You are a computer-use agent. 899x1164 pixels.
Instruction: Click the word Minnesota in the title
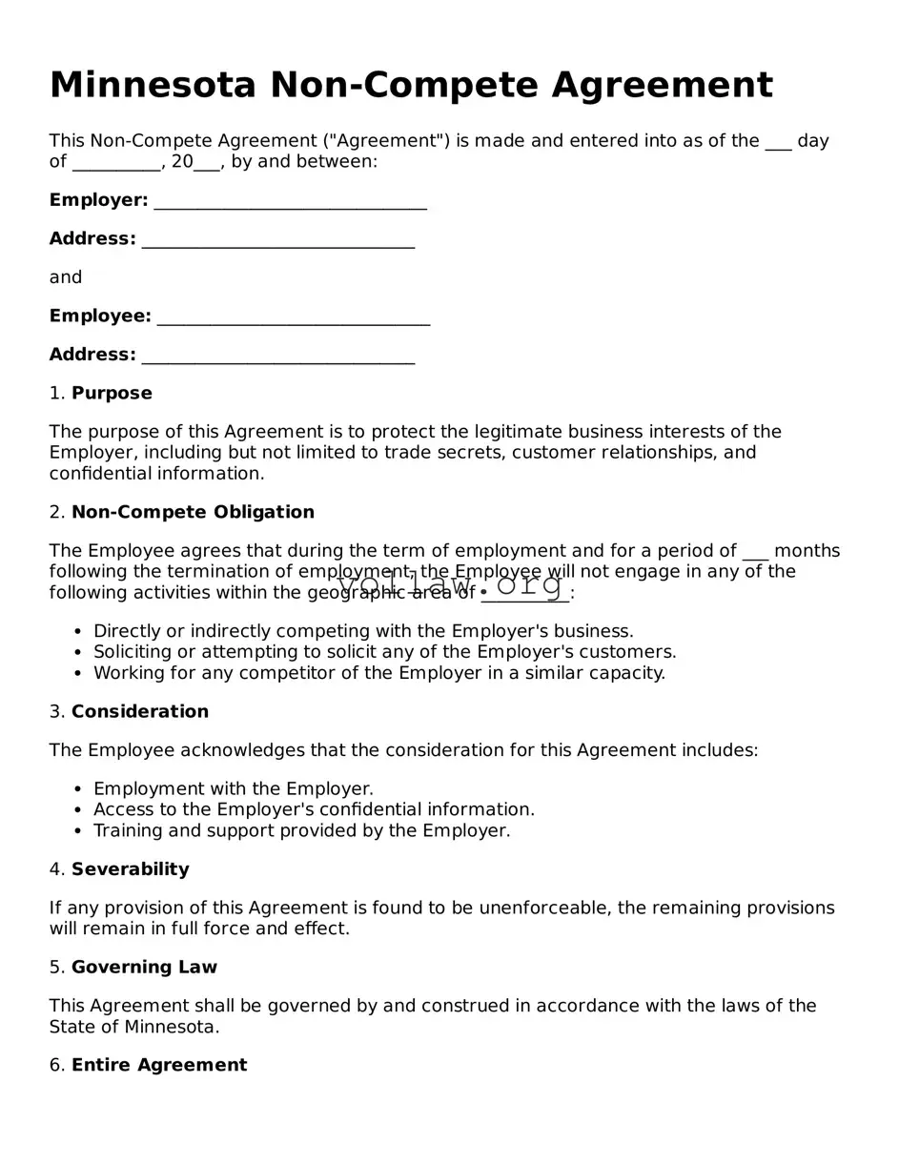(153, 86)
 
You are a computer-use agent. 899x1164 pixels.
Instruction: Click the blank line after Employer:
(290, 202)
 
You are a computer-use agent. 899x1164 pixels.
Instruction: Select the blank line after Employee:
(293, 317)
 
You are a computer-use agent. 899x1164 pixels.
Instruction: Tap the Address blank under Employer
(277, 240)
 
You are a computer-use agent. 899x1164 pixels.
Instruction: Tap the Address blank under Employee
(277, 357)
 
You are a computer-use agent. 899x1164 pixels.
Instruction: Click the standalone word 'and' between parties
(66, 277)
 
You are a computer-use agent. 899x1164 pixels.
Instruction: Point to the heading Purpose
(112, 394)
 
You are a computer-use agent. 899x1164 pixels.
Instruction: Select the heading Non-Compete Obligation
(193, 513)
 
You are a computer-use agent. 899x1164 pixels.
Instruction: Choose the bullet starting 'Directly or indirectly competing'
(363, 631)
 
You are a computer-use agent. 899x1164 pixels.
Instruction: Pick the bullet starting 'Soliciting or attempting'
(384, 652)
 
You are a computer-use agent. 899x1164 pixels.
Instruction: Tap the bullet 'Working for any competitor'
(378, 673)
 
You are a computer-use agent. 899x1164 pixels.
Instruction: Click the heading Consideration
(139, 712)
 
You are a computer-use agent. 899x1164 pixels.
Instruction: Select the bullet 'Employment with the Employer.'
(233, 789)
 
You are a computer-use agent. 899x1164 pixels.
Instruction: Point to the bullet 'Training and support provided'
(301, 831)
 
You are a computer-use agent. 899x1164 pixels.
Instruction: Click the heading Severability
(130, 869)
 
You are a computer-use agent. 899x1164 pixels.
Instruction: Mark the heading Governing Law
(144, 968)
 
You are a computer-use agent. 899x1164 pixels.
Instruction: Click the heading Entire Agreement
(158, 1066)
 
